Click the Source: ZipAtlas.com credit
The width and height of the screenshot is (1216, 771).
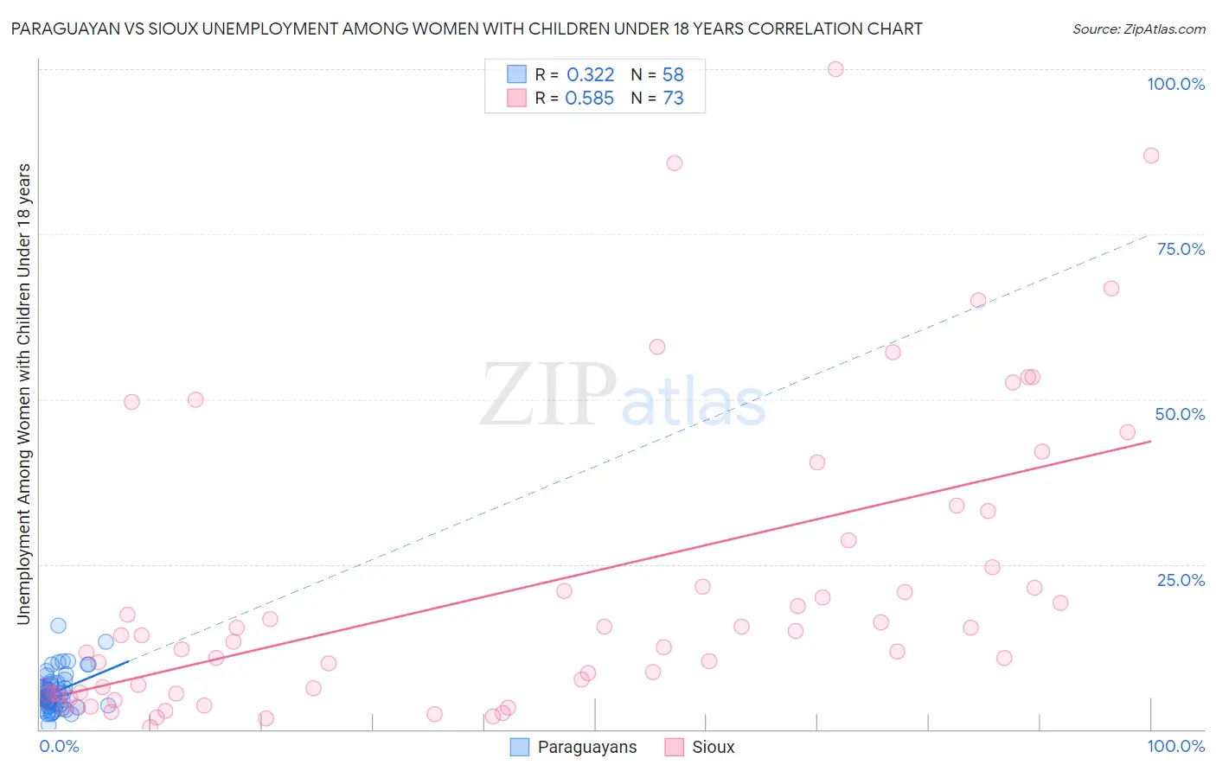[x=1138, y=29]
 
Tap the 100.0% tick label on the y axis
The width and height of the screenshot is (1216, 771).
[x=1175, y=84]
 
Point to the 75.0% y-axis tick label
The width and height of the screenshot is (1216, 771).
[x=1181, y=249]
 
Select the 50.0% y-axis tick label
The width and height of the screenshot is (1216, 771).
[x=1180, y=414]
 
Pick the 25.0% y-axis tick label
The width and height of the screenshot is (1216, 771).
[x=1181, y=580]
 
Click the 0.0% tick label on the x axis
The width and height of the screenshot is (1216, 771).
[x=59, y=746]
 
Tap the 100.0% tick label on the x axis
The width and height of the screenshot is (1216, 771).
[x=1175, y=746]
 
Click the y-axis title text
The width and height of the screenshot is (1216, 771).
[x=23, y=393]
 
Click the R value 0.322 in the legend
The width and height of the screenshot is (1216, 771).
[x=590, y=75]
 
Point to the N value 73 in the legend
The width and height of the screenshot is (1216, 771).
[x=673, y=99]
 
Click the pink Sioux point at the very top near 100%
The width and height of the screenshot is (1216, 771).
[x=835, y=69]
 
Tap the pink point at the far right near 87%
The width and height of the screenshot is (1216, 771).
[x=1151, y=156]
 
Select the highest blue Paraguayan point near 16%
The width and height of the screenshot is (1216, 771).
[x=58, y=626]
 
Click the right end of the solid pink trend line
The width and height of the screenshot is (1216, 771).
[x=1151, y=442]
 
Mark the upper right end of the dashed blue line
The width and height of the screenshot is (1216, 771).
[x=1149, y=233]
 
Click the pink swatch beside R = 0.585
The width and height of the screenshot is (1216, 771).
[x=516, y=98]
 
